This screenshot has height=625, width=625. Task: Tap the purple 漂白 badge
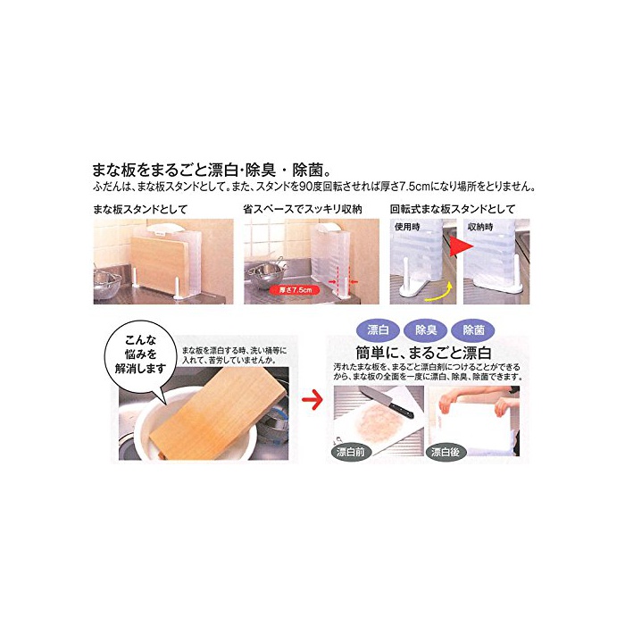[x=378, y=330]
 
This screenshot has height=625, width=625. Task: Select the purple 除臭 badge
[x=426, y=330]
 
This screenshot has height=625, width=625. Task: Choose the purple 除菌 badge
[x=473, y=330]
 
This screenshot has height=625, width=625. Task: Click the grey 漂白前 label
[x=351, y=452]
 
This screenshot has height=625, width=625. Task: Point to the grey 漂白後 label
[x=446, y=452]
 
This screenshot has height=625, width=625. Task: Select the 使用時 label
[x=407, y=227]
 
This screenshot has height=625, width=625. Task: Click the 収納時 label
[x=480, y=227]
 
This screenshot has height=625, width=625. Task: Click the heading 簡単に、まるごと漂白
[x=423, y=353]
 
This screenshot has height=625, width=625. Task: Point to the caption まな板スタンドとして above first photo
[x=140, y=210]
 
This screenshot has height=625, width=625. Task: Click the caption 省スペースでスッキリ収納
[x=303, y=210]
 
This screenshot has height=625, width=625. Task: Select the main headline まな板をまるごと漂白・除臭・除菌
[x=212, y=170]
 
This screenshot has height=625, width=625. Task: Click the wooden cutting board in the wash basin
[x=220, y=412]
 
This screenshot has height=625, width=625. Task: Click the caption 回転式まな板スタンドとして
[x=453, y=210]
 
